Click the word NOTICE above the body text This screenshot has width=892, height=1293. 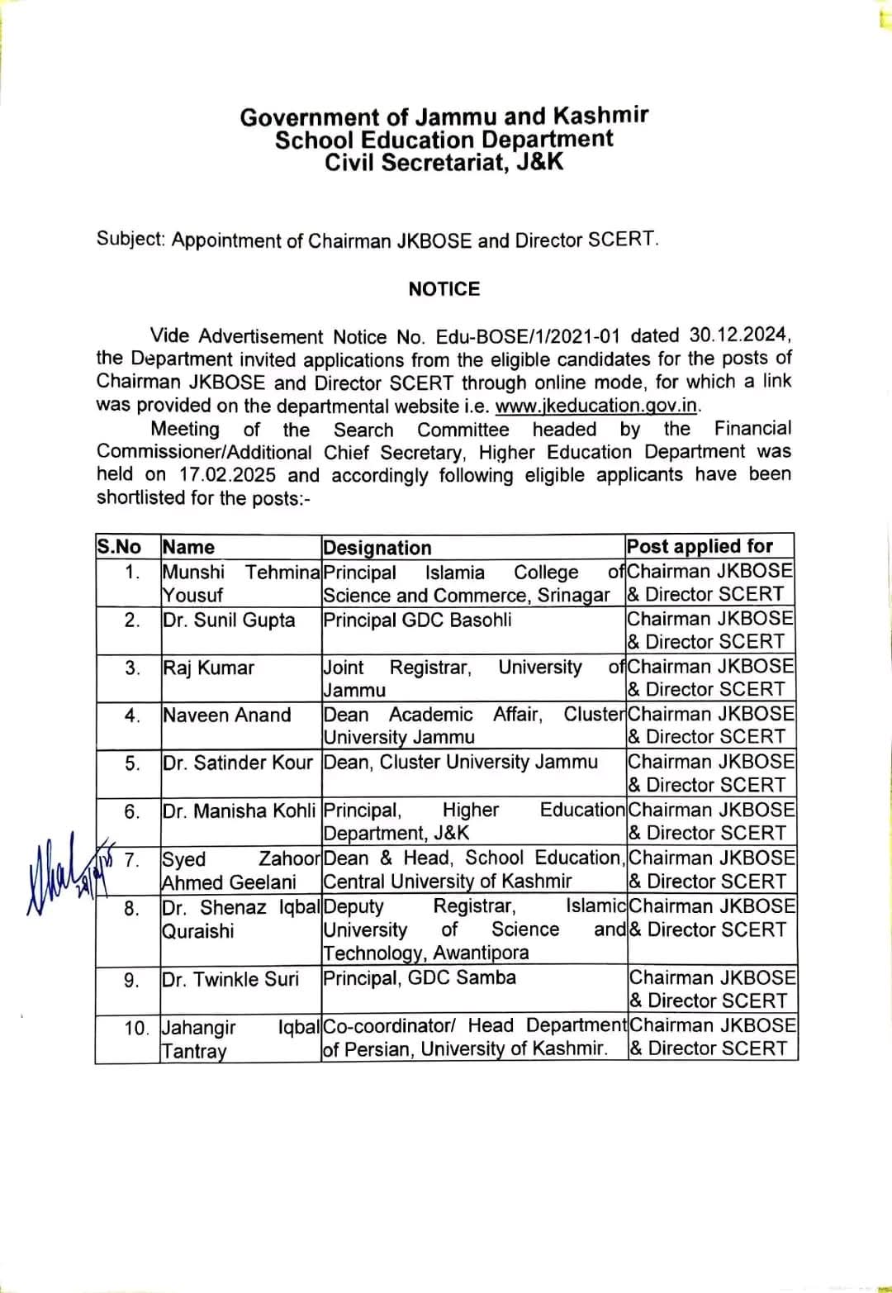coord(444,289)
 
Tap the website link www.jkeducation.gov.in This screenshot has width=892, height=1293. coord(597,406)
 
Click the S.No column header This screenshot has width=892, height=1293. coord(119,547)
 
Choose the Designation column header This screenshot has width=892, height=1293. coord(377,548)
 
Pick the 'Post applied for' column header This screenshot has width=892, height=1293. coord(700,546)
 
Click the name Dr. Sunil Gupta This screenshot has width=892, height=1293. coord(229,620)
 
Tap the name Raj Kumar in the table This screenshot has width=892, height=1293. coord(208,668)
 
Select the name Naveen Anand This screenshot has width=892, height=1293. coord(227,715)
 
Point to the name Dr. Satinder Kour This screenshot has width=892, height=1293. coord(238,763)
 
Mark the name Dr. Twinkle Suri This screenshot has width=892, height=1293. coord(230,979)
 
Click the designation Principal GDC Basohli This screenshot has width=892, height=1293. coord(417,620)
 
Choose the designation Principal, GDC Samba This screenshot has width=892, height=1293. coord(420,978)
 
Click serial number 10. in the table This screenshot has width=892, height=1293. coord(136,1029)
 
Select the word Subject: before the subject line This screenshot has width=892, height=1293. coord(130,240)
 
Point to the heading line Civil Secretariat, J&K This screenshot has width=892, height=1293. coord(444,162)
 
